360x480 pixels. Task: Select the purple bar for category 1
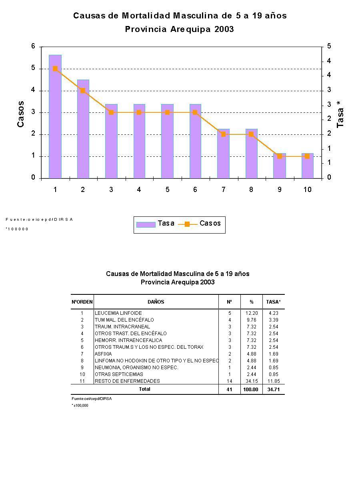(55, 120)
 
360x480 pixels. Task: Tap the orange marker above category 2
(83, 91)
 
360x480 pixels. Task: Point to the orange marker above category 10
(307, 156)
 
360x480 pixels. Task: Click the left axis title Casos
(20, 114)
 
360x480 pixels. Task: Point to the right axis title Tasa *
(340, 114)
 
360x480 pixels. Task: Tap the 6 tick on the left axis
(34, 46)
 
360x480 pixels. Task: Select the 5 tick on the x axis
(167, 190)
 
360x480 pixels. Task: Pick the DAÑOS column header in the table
(156, 302)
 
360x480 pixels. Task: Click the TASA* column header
(274, 302)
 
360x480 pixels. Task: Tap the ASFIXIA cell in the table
(103, 354)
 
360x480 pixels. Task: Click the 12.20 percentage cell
(252, 313)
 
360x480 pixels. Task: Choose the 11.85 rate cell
(274, 381)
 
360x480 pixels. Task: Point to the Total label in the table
(144, 389)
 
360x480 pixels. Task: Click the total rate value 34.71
(274, 390)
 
